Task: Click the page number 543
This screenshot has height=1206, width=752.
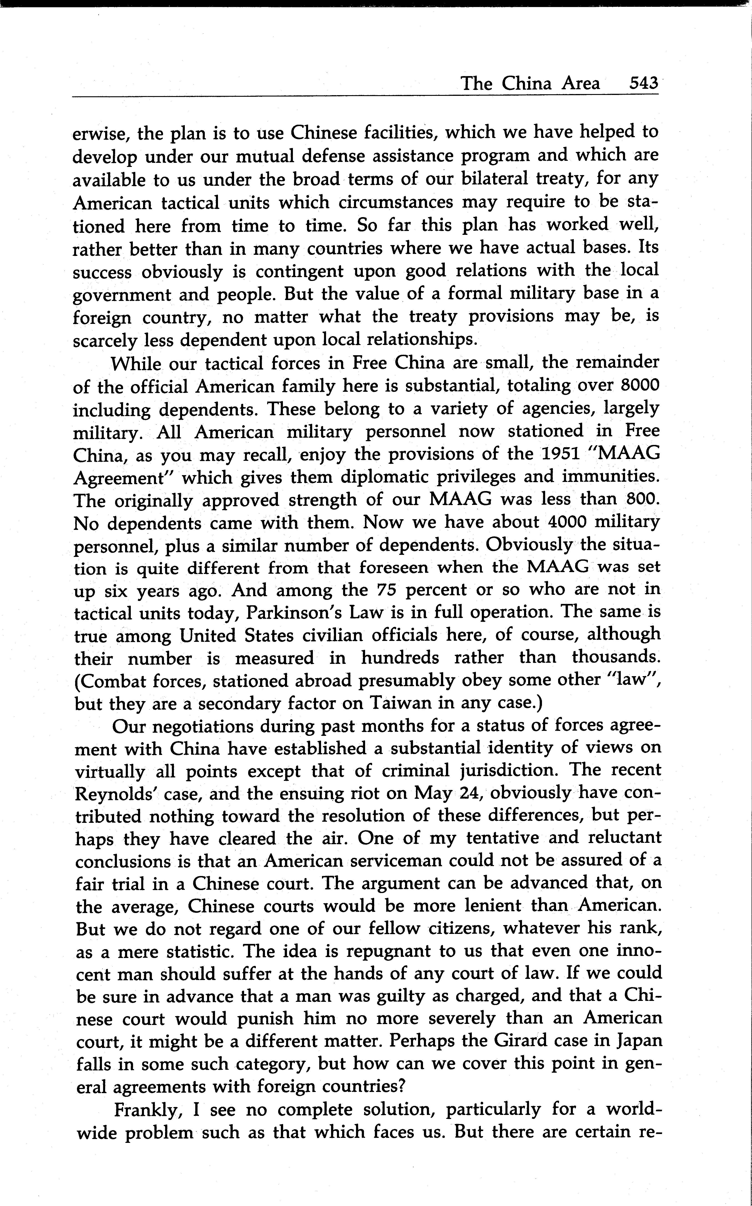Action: (x=643, y=83)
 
